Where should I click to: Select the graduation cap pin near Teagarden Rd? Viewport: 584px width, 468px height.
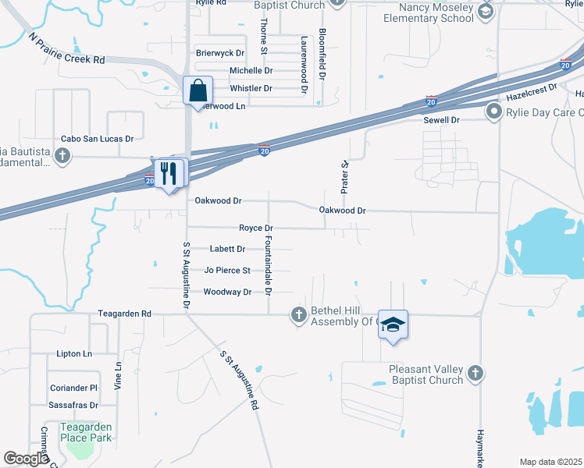(x=393, y=325)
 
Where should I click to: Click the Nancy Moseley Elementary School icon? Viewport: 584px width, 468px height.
(x=486, y=11)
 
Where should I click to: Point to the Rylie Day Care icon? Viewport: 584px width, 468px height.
(x=493, y=112)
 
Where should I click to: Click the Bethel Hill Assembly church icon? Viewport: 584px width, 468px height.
(x=297, y=315)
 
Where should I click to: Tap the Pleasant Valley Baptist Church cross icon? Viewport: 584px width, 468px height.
(x=475, y=374)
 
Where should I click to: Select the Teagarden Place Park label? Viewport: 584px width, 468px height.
(x=86, y=432)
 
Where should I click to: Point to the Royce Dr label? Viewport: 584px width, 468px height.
(x=255, y=228)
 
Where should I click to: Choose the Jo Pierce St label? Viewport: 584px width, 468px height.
(x=227, y=271)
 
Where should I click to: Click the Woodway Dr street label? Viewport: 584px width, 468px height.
(x=227, y=292)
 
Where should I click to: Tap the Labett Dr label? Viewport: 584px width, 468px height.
(x=228, y=249)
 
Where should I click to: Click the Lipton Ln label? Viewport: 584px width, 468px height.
(x=74, y=353)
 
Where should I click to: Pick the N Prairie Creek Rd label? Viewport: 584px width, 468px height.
(x=66, y=48)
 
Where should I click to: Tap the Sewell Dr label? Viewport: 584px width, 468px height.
(x=442, y=120)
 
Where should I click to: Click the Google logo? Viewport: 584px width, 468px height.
(x=25, y=459)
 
